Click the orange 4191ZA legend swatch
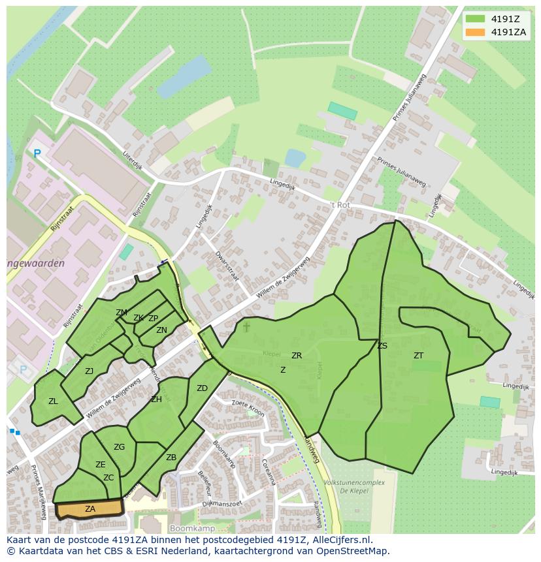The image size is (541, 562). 475,32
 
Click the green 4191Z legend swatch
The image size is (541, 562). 475,19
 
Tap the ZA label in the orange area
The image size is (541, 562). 90,508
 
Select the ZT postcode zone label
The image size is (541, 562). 418,356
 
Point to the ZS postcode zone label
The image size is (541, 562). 382,346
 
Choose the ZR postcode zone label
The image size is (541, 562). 297,356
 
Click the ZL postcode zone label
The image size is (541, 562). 53,401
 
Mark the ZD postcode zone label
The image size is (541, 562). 202,388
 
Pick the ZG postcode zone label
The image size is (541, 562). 119,447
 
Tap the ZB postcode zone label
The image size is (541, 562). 171,458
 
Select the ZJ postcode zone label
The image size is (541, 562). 89,371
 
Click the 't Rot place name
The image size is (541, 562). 340,205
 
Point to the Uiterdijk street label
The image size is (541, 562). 133,160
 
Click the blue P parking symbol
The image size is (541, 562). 37,154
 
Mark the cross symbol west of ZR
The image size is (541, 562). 246,326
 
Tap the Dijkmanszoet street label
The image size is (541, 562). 222,503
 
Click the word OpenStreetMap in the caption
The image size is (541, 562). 353,551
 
